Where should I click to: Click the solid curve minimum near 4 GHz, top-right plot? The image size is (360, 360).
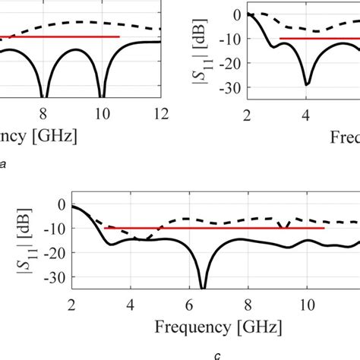[307, 84]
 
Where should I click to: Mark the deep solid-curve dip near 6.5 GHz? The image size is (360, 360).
[203, 286]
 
